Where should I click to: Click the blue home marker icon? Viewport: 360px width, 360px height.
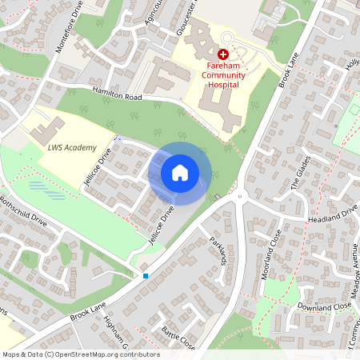click(x=180, y=173)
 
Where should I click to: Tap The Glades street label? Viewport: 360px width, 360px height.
click(x=298, y=189)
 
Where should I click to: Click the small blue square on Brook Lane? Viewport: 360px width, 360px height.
click(x=146, y=276)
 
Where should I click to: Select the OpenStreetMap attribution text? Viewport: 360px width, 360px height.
click(x=80, y=354)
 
